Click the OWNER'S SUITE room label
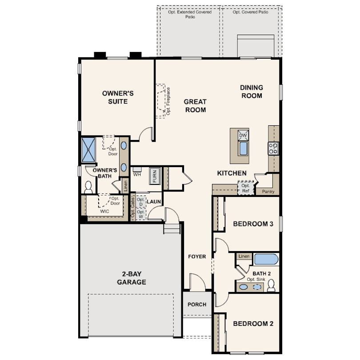tap(118, 97)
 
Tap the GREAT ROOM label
tap(195, 106)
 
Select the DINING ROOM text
tap(251, 92)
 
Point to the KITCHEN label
tap(232, 173)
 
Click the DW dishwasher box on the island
tap(243, 135)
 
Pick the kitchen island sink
tap(243, 148)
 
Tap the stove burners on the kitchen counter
tap(273, 148)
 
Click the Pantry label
tap(268, 192)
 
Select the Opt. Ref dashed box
tap(245, 188)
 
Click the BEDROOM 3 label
tap(253, 224)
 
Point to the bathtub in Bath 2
tap(266, 259)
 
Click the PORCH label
tap(197, 304)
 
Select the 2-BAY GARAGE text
tap(132, 278)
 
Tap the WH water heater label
tap(136, 174)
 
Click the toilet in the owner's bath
tap(88, 187)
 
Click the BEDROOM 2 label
tap(253, 324)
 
